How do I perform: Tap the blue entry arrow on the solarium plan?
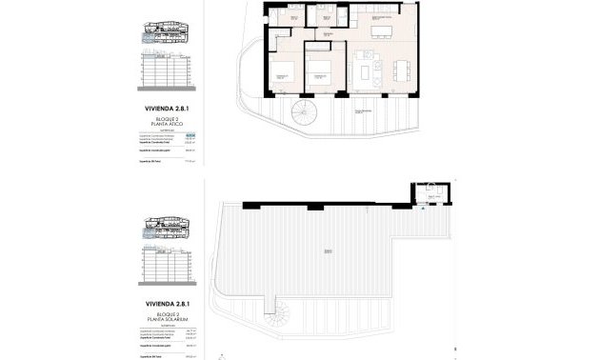point(423,215)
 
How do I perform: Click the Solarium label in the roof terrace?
point(328,250)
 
